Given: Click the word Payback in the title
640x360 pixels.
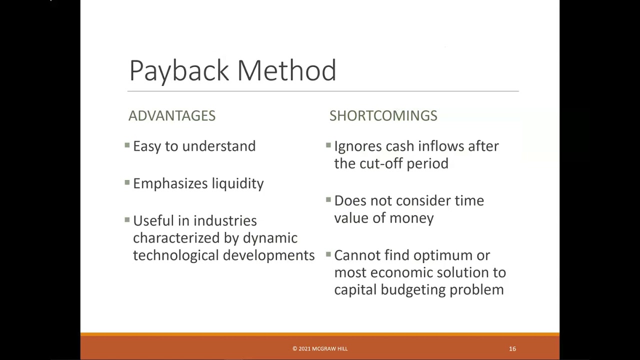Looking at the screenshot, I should (x=180, y=70).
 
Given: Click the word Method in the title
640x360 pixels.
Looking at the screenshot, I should (x=286, y=70).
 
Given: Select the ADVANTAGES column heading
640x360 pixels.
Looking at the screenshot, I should (x=172, y=116).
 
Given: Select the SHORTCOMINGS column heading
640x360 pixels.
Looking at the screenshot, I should (x=383, y=116).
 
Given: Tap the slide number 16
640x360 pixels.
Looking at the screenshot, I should (x=512, y=348).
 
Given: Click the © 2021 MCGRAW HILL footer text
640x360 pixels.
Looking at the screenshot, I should (x=320, y=348).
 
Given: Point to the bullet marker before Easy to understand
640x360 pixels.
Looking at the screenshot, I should (x=127, y=145).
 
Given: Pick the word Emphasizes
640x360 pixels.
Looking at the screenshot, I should (x=170, y=184).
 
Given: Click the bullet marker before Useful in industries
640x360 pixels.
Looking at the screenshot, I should (x=127, y=220).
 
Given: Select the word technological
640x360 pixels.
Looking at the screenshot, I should (x=176, y=255).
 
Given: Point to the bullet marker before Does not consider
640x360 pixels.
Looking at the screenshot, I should (x=328, y=200).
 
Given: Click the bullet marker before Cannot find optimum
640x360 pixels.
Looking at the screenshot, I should (x=328, y=254).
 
